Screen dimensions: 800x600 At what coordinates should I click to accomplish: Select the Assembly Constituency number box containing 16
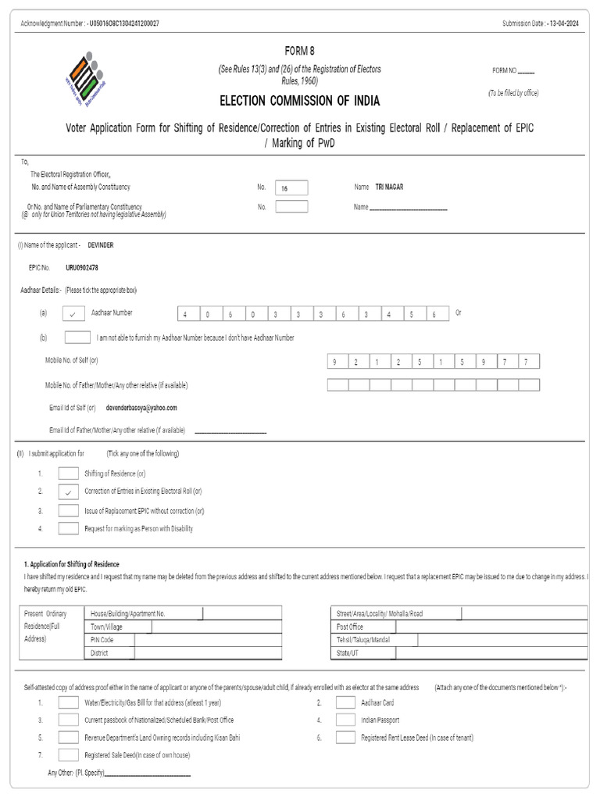(291, 187)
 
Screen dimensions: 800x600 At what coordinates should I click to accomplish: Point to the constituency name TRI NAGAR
(390, 187)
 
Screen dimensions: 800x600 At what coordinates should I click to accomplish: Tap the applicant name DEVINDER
(101, 245)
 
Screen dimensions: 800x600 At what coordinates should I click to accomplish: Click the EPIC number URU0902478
(82, 268)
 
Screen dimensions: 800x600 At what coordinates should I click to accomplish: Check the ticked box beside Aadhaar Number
(72, 313)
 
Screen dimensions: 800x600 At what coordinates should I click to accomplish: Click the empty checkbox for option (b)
(77, 337)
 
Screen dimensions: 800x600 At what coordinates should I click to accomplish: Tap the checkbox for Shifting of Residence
(69, 473)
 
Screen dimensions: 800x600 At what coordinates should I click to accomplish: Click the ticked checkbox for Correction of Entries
(69, 491)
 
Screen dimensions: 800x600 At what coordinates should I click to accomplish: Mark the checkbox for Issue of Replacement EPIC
(69, 511)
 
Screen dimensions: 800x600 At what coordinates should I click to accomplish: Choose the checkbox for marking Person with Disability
(69, 529)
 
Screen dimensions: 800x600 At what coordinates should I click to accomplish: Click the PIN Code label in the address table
(102, 640)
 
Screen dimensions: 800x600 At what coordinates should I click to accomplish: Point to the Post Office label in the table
(350, 627)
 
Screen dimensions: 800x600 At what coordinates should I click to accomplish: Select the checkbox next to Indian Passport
(345, 720)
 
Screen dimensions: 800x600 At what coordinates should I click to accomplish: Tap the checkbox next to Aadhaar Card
(345, 702)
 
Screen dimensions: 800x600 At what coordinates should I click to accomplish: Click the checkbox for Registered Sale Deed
(69, 755)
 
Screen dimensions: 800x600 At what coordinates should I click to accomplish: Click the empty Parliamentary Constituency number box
(291, 207)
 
